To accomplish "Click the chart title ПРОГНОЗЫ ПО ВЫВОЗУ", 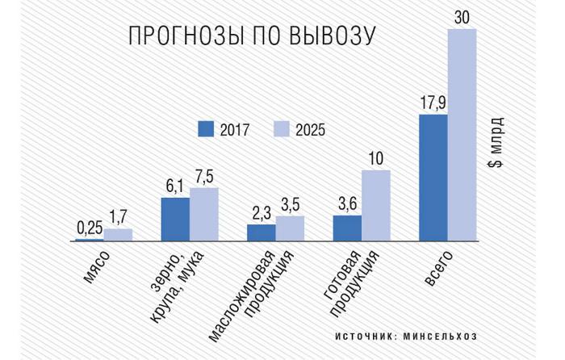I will click(253, 37).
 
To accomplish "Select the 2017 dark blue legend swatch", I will click(205, 128).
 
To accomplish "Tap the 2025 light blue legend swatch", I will click(280, 128).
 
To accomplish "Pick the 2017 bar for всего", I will click(433, 178).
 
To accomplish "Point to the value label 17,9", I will click(433, 103).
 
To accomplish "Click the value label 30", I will click(462, 17).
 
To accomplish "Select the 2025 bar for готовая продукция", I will click(376, 205).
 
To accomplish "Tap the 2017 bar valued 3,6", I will click(347, 228).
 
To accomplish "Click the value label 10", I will click(376, 158).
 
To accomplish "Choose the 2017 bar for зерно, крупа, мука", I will click(175, 219).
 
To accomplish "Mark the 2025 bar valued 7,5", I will click(204, 214).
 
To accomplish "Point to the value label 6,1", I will click(175, 186).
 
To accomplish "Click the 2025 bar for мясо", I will click(118, 234).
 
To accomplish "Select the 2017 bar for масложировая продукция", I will click(261, 232).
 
